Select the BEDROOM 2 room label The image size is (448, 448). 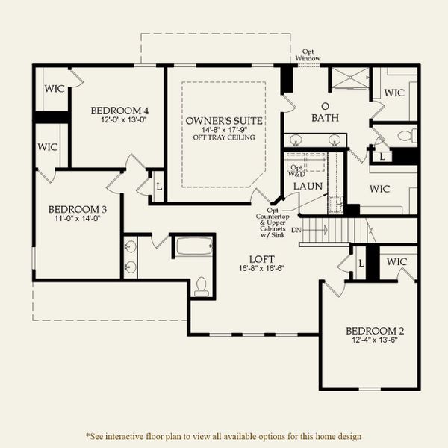pos(369,332)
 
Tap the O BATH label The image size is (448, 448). pos(325,112)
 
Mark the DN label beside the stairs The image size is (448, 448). pos(296,229)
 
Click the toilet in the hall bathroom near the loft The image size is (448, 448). pos(200,287)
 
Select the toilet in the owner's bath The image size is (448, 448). pos(406,136)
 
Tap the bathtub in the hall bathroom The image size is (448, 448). pos(193,246)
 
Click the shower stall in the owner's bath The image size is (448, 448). pos(349,79)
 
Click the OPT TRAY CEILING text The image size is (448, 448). pos(223,137)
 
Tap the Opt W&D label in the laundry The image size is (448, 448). pos(297,171)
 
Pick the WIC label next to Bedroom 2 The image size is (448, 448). pos(397,262)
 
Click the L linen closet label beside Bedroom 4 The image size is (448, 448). pos(158,184)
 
